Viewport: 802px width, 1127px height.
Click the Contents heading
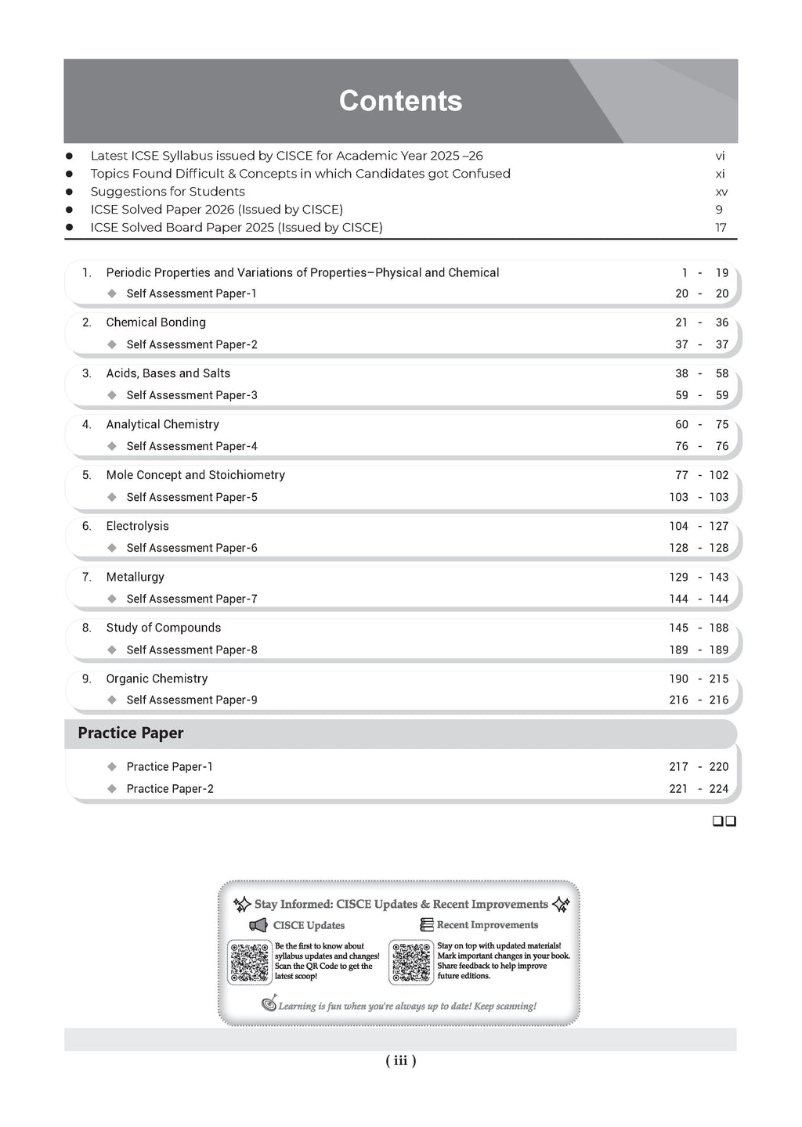(x=400, y=101)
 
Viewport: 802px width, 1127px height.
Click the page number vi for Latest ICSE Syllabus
(x=720, y=156)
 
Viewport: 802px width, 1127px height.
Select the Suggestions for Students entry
(x=168, y=192)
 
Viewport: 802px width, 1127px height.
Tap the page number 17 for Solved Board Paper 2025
(x=720, y=228)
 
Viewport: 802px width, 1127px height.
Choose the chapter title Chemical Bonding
(x=156, y=322)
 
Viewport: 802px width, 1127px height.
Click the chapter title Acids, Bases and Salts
(x=168, y=373)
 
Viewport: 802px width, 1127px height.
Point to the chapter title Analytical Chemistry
(x=162, y=424)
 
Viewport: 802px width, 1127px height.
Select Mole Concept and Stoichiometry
(x=195, y=475)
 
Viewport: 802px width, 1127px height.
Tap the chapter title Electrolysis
(x=137, y=526)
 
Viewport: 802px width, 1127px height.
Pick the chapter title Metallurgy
(x=135, y=577)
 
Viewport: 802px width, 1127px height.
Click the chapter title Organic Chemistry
(x=157, y=679)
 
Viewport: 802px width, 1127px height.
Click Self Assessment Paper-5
(x=192, y=497)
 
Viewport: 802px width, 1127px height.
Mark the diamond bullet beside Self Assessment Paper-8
(x=111, y=650)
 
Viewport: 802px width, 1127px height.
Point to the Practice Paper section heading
(x=131, y=733)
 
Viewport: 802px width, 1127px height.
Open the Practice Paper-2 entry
(x=170, y=789)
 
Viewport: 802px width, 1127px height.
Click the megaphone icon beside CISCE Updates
(x=258, y=926)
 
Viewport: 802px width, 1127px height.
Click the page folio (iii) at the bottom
(x=400, y=1060)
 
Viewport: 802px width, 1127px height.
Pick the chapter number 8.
(x=86, y=628)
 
